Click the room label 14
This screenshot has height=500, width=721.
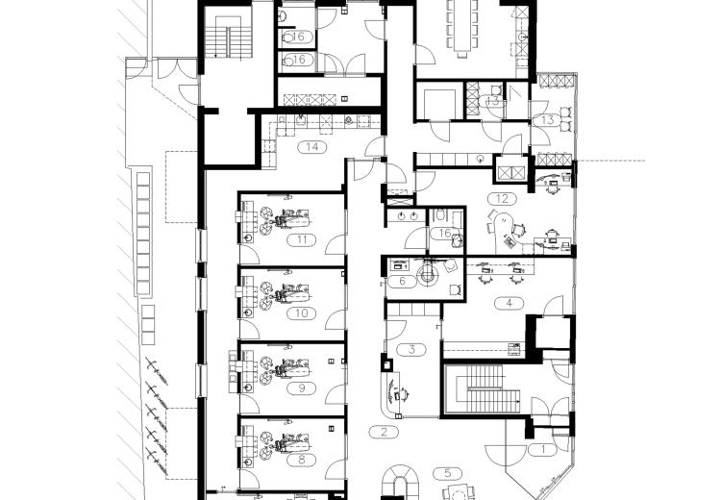point(312,147)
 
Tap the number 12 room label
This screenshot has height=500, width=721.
point(502,199)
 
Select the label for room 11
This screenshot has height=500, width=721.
point(302,239)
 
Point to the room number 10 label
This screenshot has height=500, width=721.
point(302,313)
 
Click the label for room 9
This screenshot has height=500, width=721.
point(302,388)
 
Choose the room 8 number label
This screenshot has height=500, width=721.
point(302,459)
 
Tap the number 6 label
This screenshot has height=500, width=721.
point(402,281)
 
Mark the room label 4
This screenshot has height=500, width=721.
point(509,303)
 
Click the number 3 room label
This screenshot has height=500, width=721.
point(411,349)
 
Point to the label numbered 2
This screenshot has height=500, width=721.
point(384,432)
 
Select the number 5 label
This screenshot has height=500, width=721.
point(447,473)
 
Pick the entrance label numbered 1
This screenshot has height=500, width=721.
point(542,449)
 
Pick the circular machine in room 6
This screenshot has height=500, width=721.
point(426,273)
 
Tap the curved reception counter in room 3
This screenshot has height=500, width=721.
point(388,394)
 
